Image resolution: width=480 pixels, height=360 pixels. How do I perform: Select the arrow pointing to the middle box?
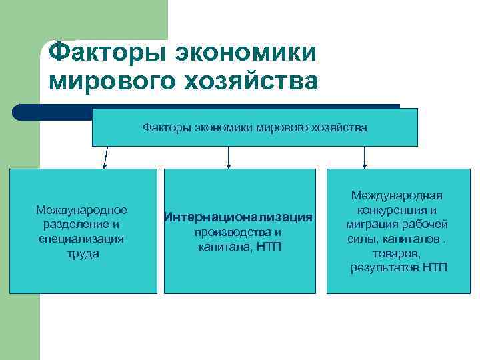click(229, 157)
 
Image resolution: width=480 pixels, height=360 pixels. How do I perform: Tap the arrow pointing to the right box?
click(364, 157)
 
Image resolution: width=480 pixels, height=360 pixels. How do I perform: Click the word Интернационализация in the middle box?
click(239, 217)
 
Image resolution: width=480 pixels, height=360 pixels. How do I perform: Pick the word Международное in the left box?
click(82, 210)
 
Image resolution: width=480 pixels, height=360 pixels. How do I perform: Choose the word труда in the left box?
click(83, 254)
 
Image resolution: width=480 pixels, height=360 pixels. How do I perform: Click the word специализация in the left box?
click(82, 239)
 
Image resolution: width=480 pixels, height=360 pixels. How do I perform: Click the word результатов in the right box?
click(383, 268)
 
